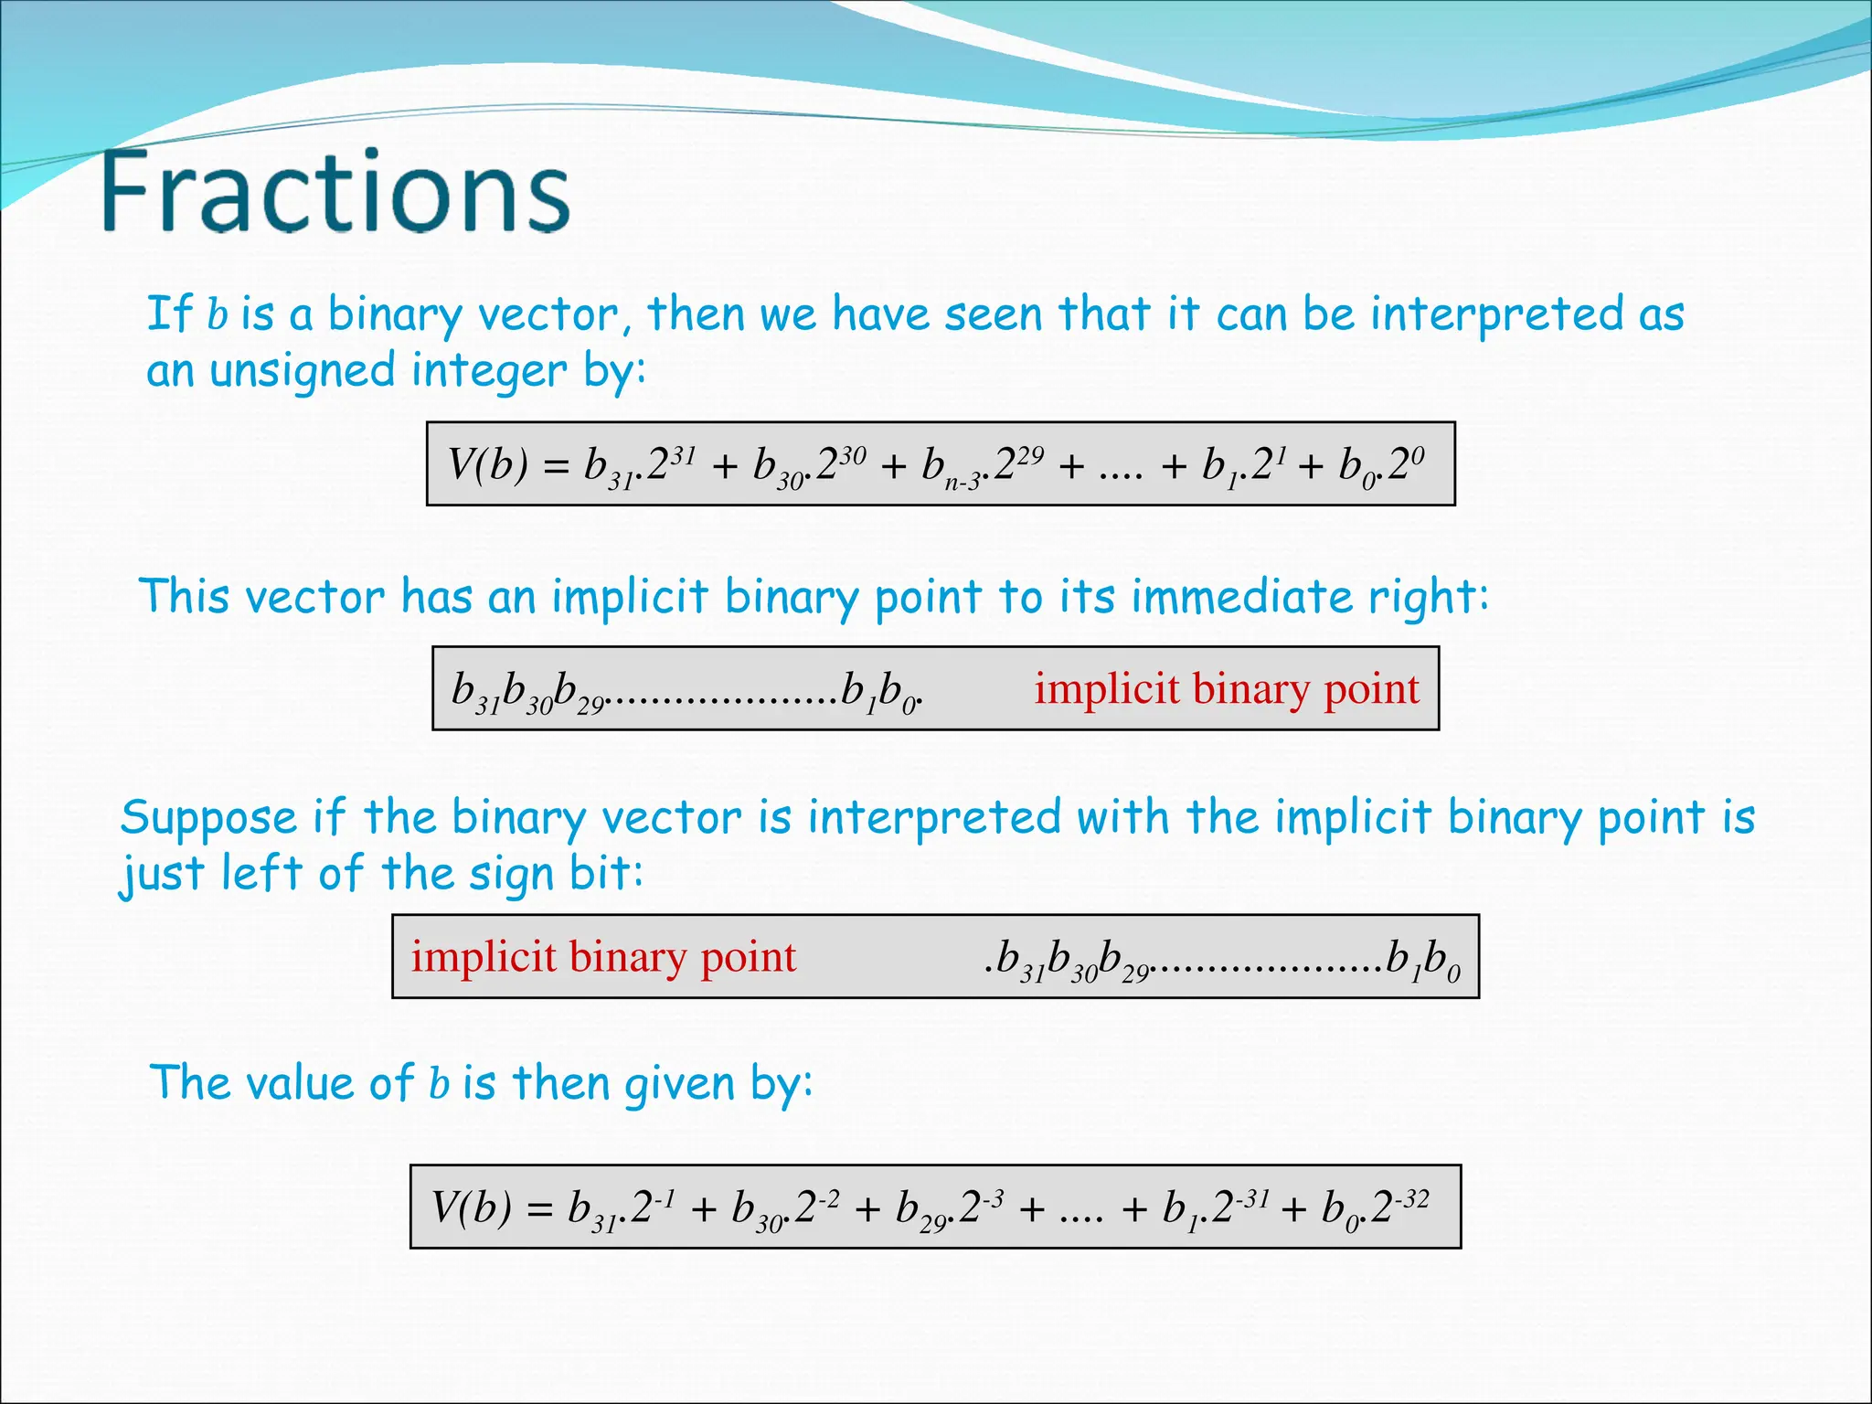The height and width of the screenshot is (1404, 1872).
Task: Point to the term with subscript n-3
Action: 951,468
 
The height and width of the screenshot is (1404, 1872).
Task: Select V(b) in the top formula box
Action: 487,464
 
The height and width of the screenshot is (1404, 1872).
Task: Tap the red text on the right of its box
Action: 1227,688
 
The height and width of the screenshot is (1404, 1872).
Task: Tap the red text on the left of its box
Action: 603,957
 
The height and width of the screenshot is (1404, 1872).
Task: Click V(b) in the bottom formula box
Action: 471,1207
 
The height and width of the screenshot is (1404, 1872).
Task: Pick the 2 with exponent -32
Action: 1380,1208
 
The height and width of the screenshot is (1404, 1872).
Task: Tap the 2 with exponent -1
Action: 641,1208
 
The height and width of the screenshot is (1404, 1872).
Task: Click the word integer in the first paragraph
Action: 489,371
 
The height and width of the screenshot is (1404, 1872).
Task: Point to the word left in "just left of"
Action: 261,873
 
